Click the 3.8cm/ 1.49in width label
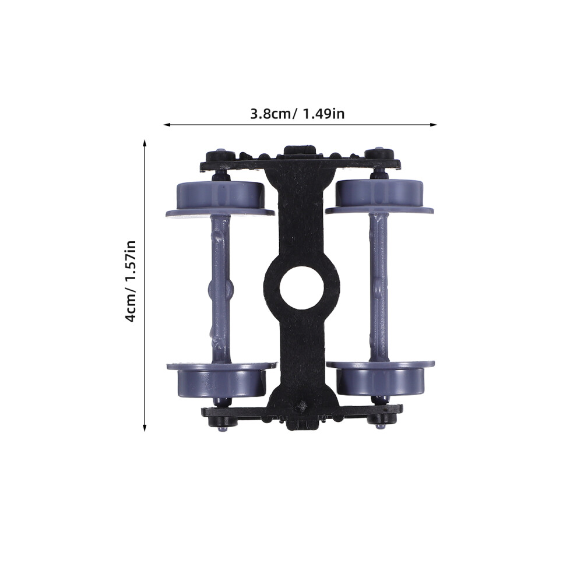coord(297,114)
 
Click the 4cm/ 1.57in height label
coord(131,282)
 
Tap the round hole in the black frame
coord(302,287)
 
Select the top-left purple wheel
coord(220,199)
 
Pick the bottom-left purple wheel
coord(221,380)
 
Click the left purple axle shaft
coord(220,290)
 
